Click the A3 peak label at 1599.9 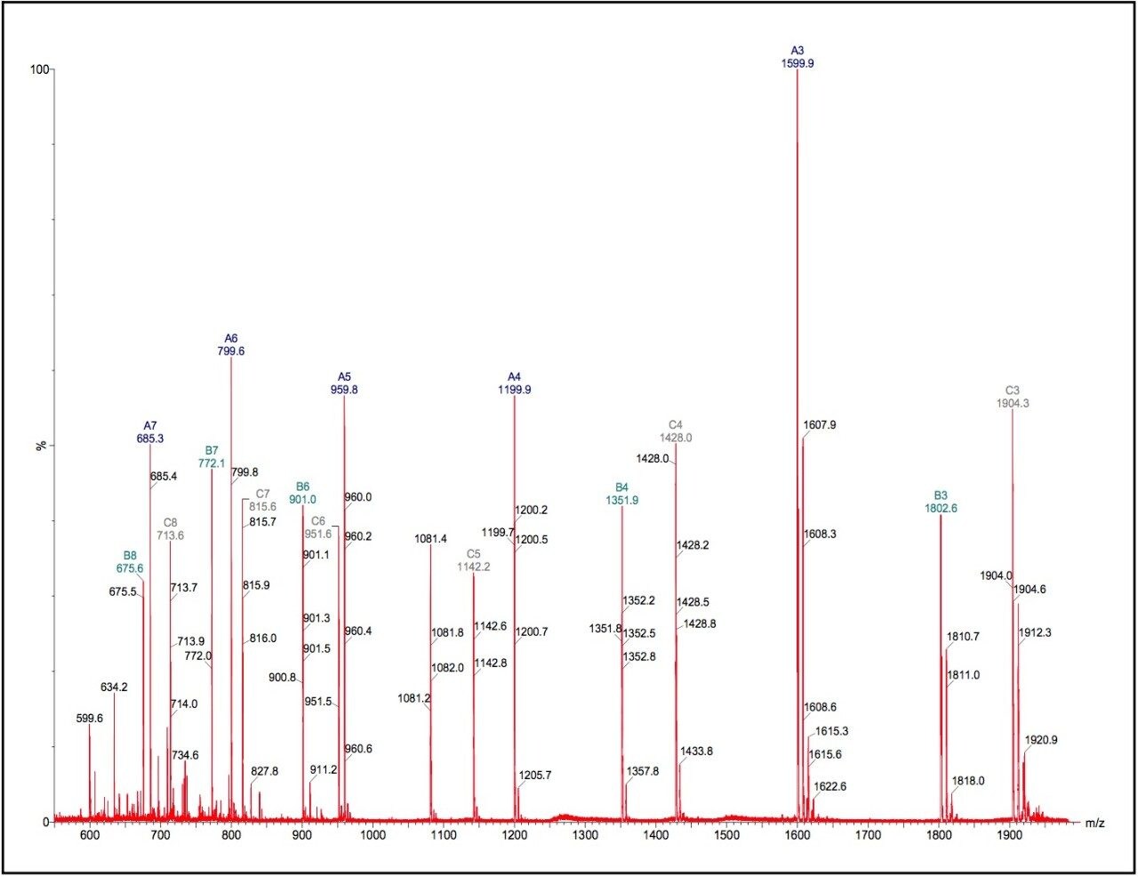797,58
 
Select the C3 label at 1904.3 1013,397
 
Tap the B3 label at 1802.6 941,502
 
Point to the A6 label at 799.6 231,345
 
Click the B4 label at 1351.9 621,494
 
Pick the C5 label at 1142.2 474,560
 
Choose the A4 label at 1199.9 515,383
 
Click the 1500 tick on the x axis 726,835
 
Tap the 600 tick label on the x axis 89,835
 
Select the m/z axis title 1094,824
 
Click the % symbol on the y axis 41,445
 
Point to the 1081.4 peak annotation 430,539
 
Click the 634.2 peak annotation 114,688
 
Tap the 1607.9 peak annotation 819,425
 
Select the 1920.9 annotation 1041,740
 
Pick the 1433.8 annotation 696,752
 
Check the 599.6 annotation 89,718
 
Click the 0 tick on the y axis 45,822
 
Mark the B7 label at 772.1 212,457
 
